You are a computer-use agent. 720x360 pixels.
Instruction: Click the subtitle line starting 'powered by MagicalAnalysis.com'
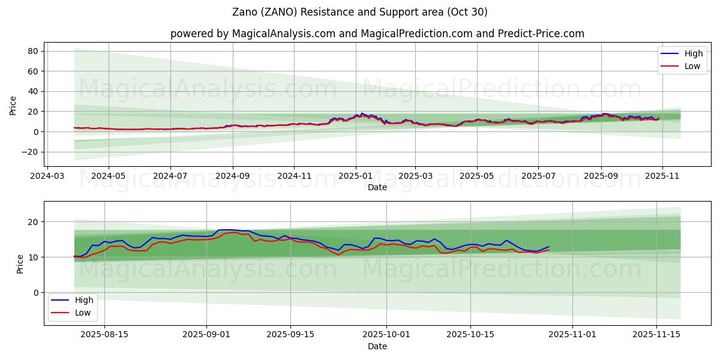377,34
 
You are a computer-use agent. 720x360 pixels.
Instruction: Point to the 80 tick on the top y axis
33,51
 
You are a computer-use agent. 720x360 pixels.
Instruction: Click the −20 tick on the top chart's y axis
29,152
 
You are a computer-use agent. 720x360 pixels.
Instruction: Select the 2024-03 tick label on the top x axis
47,176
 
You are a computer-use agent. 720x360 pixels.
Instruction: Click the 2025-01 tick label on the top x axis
356,176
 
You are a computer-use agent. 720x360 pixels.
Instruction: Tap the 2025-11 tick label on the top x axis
663,176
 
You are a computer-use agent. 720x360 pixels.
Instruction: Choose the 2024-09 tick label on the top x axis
233,176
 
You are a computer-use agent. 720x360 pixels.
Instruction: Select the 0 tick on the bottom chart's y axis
35,293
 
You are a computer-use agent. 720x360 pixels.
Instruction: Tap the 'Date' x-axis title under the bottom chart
377,346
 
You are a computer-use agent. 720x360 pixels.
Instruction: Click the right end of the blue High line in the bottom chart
548,247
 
